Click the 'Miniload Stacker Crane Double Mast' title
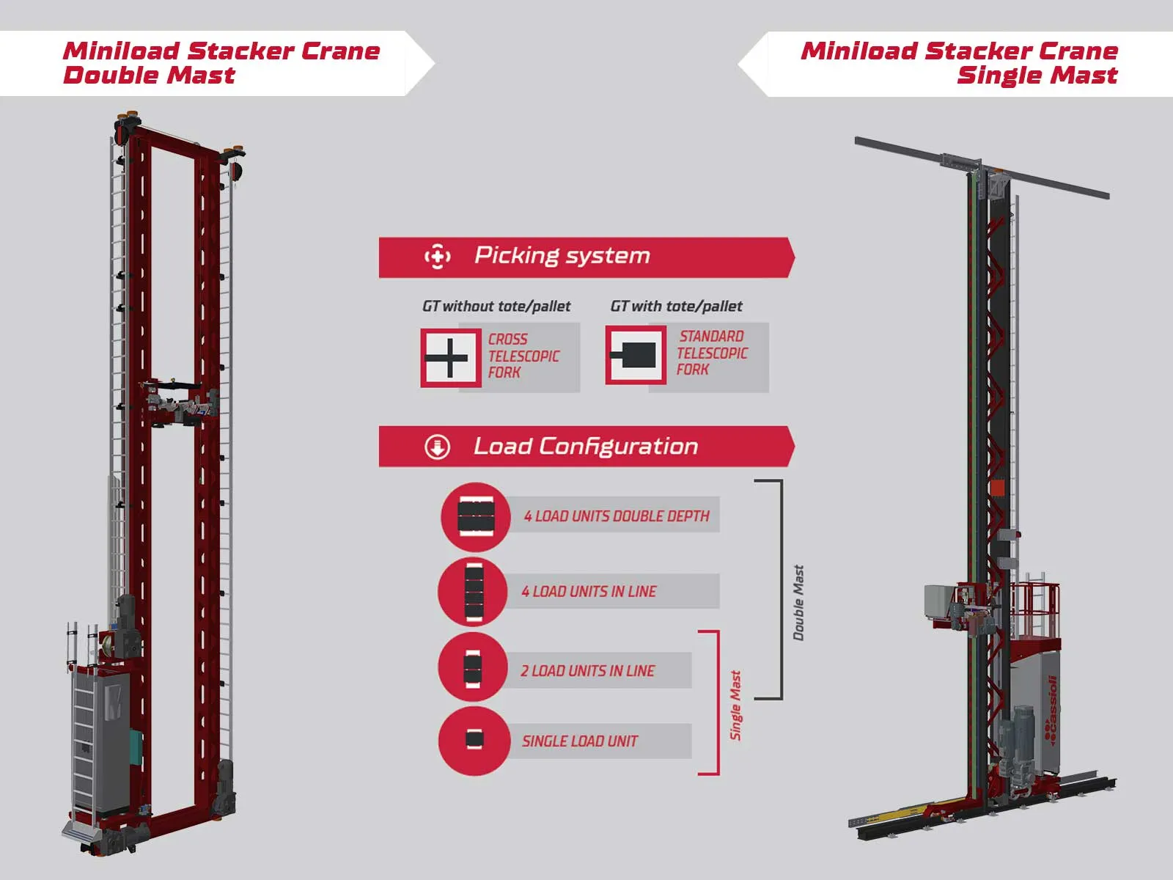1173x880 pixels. pyautogui.click(x=221, y=63)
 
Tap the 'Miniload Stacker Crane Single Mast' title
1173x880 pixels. pyautogui.click(x=959, y=63)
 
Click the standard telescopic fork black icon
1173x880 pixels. pyautogui.click(x=635, y=356)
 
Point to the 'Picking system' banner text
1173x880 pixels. pyautogui.click(x=562, y=256)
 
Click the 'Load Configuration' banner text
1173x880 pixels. pyautogui.click(x=585, y=447)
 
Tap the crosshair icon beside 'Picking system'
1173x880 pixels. pyautogui.click(x=438, y=257)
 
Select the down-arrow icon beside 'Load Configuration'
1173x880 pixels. pyautogui.click(x=438, y=447)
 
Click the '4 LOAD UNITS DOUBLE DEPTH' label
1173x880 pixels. pyautogui.click(x=616, y=516)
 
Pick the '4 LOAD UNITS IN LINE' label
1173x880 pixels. pyautogui.click(x=589, y=592)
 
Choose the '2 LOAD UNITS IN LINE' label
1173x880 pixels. pyautogui.click(x=587, y=671)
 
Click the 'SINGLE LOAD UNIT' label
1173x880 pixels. pyautogui.click(x=579, y=741)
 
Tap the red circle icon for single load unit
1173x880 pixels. pyautogui.click(x=474, y=741)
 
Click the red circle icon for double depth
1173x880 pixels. pyautogui.click(x=475, y=516)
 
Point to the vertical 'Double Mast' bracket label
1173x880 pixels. pyautogui.click(x=798, y=602)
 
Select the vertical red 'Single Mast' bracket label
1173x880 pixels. pyautogui.click(x=735, y=705)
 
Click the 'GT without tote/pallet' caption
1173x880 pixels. pyautogui.click(x=496, y=307)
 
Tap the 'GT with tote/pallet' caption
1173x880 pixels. pyautogui.click(x=676, y=307)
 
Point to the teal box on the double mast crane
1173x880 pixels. pyautogui.click(x=136, y=747)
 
